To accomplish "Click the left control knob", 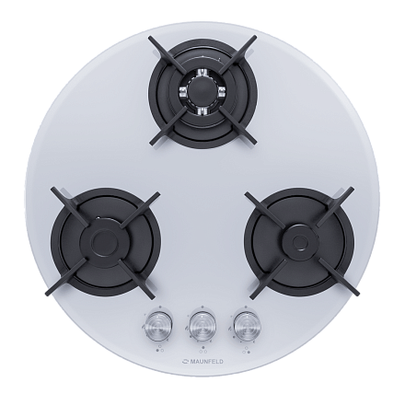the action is pos(158,325).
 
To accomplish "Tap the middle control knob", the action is pos(202,325).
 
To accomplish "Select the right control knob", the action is pos(247,325).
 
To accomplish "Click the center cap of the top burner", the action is pos(202,90).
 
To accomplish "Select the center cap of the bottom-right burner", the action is pos(299,241).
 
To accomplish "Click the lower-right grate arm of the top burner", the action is pos(238,129).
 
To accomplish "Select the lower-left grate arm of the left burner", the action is pos(66,277).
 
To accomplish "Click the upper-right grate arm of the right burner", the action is pos(335,205).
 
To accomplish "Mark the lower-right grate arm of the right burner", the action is pos(338,277).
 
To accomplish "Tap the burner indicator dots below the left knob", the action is pos(159,350).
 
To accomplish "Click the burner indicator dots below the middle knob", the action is pos(202,350).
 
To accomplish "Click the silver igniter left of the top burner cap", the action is pos(183,90).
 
